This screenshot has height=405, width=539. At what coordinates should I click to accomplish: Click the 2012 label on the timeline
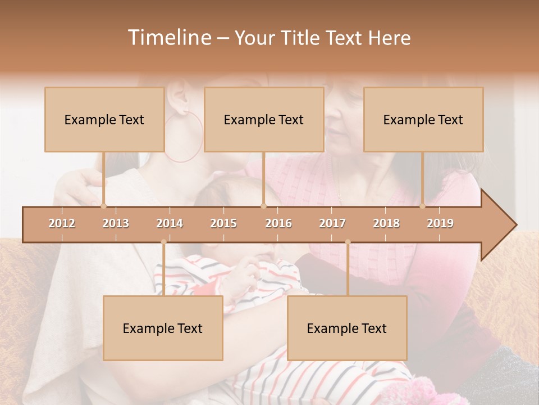click(62, 223)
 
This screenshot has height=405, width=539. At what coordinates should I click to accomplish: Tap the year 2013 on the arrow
click(116, 223)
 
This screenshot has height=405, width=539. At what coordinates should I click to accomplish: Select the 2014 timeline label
click(170, 223)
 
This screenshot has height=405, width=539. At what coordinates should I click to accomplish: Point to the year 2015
click(223, 223)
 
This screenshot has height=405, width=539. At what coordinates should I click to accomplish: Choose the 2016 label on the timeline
click(278, 223)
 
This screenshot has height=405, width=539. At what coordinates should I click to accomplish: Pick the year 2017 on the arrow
click(332, 223)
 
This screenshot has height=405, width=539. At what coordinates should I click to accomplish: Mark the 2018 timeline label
click(386, 223)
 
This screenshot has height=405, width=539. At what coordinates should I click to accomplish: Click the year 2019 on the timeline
click(440, 223)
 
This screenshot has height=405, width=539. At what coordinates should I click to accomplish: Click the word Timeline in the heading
click(168, 38)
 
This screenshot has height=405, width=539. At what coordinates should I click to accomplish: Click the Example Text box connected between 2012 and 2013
click(104, 119)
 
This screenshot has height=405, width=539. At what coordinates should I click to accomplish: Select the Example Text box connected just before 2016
click(264, 119)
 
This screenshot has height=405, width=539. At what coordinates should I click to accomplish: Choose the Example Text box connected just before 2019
click(423, 119)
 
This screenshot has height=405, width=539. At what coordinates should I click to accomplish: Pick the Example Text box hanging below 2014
click(163, 328)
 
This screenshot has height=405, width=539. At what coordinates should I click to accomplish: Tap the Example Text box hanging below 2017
click(347, 328)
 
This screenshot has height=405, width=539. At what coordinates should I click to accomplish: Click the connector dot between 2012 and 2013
click(103, 206)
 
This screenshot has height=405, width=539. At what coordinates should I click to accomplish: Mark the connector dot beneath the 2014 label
click(163, 242)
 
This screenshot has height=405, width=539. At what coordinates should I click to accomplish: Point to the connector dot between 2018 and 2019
click(423, 206)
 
